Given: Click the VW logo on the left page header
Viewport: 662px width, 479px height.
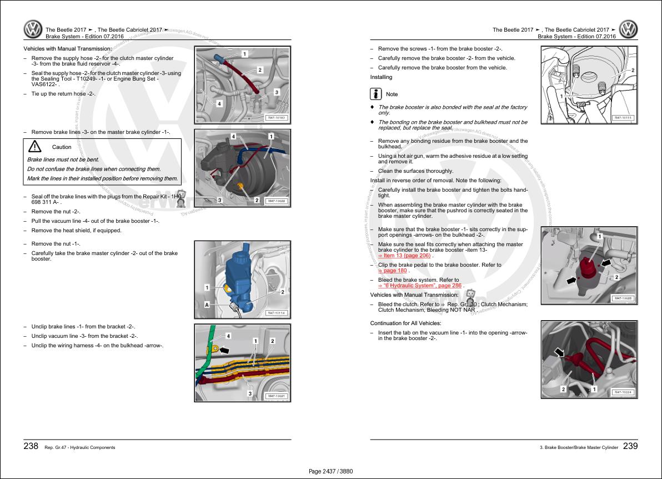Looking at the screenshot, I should pos(33,29).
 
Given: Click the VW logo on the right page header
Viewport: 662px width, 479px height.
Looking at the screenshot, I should pos(629,29).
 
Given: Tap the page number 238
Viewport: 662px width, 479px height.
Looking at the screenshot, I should pos(31,446).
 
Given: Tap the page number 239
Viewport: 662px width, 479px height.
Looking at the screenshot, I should pos(630,446).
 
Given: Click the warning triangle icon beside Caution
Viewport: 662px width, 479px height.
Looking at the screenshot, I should pos(35,147).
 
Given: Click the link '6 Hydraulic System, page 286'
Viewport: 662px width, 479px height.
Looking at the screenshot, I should pos(422,286).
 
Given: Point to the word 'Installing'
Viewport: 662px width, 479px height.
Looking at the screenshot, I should pos(381,77).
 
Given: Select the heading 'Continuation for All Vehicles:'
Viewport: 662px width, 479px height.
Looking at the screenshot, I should pos(405,323).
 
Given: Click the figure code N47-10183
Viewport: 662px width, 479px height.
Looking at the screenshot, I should pos(276,118).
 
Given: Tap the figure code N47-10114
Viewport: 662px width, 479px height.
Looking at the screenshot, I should pos(276,313).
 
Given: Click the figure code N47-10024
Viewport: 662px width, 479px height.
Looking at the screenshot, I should pos(623,392).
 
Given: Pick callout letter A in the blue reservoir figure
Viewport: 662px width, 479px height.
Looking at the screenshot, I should pos(207,305).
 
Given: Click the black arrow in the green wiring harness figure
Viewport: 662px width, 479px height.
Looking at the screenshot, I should pos(224,351).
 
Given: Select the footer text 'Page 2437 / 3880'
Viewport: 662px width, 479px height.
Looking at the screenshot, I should pos(330,472).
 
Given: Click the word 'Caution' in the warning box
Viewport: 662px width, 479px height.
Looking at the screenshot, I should pos(62,147).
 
